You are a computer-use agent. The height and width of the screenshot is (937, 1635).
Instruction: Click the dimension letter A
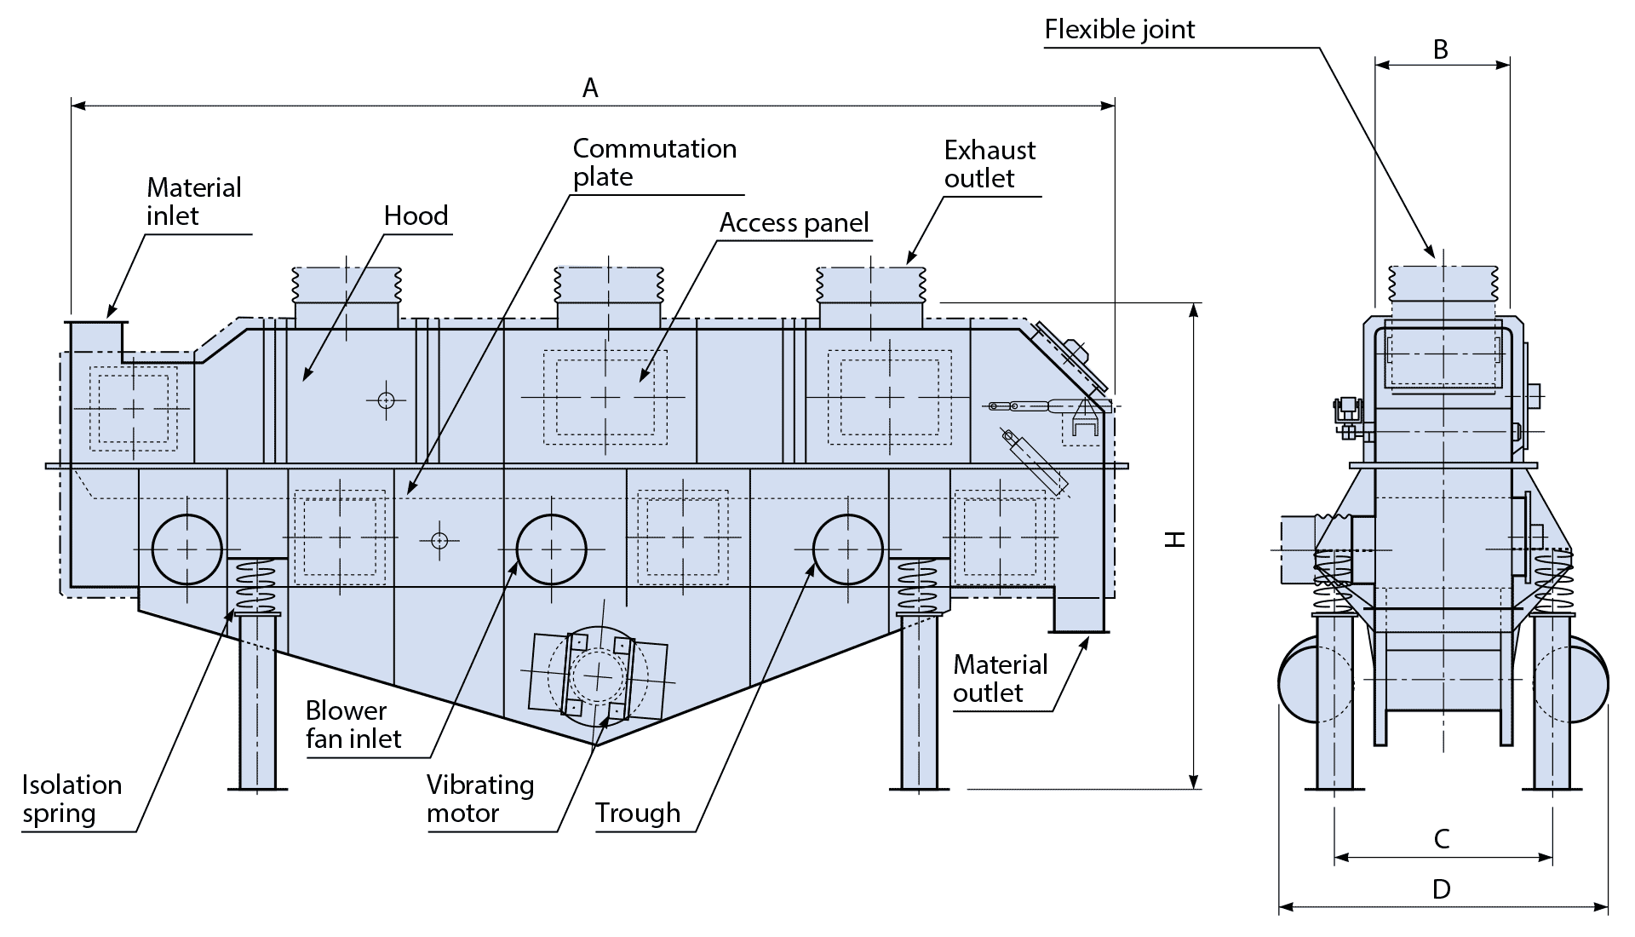point(590,88)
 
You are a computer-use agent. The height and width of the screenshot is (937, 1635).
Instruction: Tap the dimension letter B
point(1441,49)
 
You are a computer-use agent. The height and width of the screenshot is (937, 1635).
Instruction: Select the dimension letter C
point(1442,839)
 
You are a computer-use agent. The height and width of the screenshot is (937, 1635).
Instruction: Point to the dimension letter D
point(1441,889)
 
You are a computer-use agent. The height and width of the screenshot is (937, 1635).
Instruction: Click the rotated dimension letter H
point(1175,538)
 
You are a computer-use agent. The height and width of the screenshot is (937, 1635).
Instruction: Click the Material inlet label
point(194,202)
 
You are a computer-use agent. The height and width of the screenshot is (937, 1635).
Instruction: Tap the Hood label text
point(416,216)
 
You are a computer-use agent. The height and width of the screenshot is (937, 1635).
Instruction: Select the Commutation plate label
point(654,162)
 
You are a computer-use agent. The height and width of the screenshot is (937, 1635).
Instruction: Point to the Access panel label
point(795,222)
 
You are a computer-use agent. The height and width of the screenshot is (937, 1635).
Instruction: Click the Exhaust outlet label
point(990,164)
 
